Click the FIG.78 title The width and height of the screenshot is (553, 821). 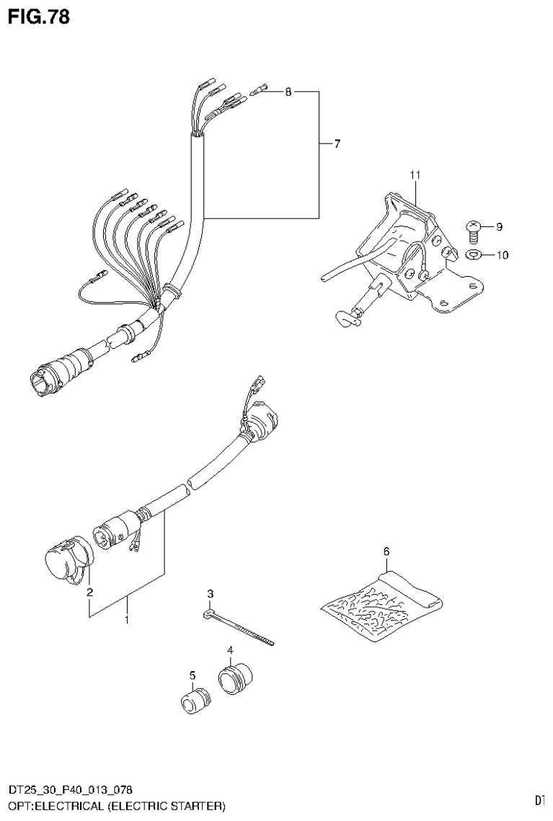click(39, 17)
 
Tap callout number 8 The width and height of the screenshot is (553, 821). click(288, 92)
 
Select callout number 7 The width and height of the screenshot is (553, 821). click(337, 144)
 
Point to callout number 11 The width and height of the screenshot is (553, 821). click(415, 175)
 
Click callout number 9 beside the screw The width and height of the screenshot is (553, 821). click(498, 227)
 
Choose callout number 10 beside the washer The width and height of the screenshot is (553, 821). click(501, 254)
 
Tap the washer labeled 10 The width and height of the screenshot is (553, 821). click(474, 254)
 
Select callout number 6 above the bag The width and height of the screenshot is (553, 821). click(386, 551)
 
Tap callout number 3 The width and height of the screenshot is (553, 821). click(211, 594)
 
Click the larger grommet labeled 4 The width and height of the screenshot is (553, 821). click(235, 679)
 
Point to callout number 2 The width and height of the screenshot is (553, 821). click(90, 593)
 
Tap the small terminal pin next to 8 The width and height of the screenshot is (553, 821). click(259, 89)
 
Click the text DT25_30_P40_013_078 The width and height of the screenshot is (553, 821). click(70, 791)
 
